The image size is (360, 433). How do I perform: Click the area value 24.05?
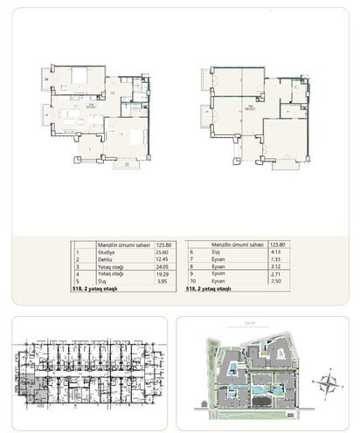162,268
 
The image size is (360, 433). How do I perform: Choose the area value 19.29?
162,275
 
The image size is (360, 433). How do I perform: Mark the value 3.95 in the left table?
162,282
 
